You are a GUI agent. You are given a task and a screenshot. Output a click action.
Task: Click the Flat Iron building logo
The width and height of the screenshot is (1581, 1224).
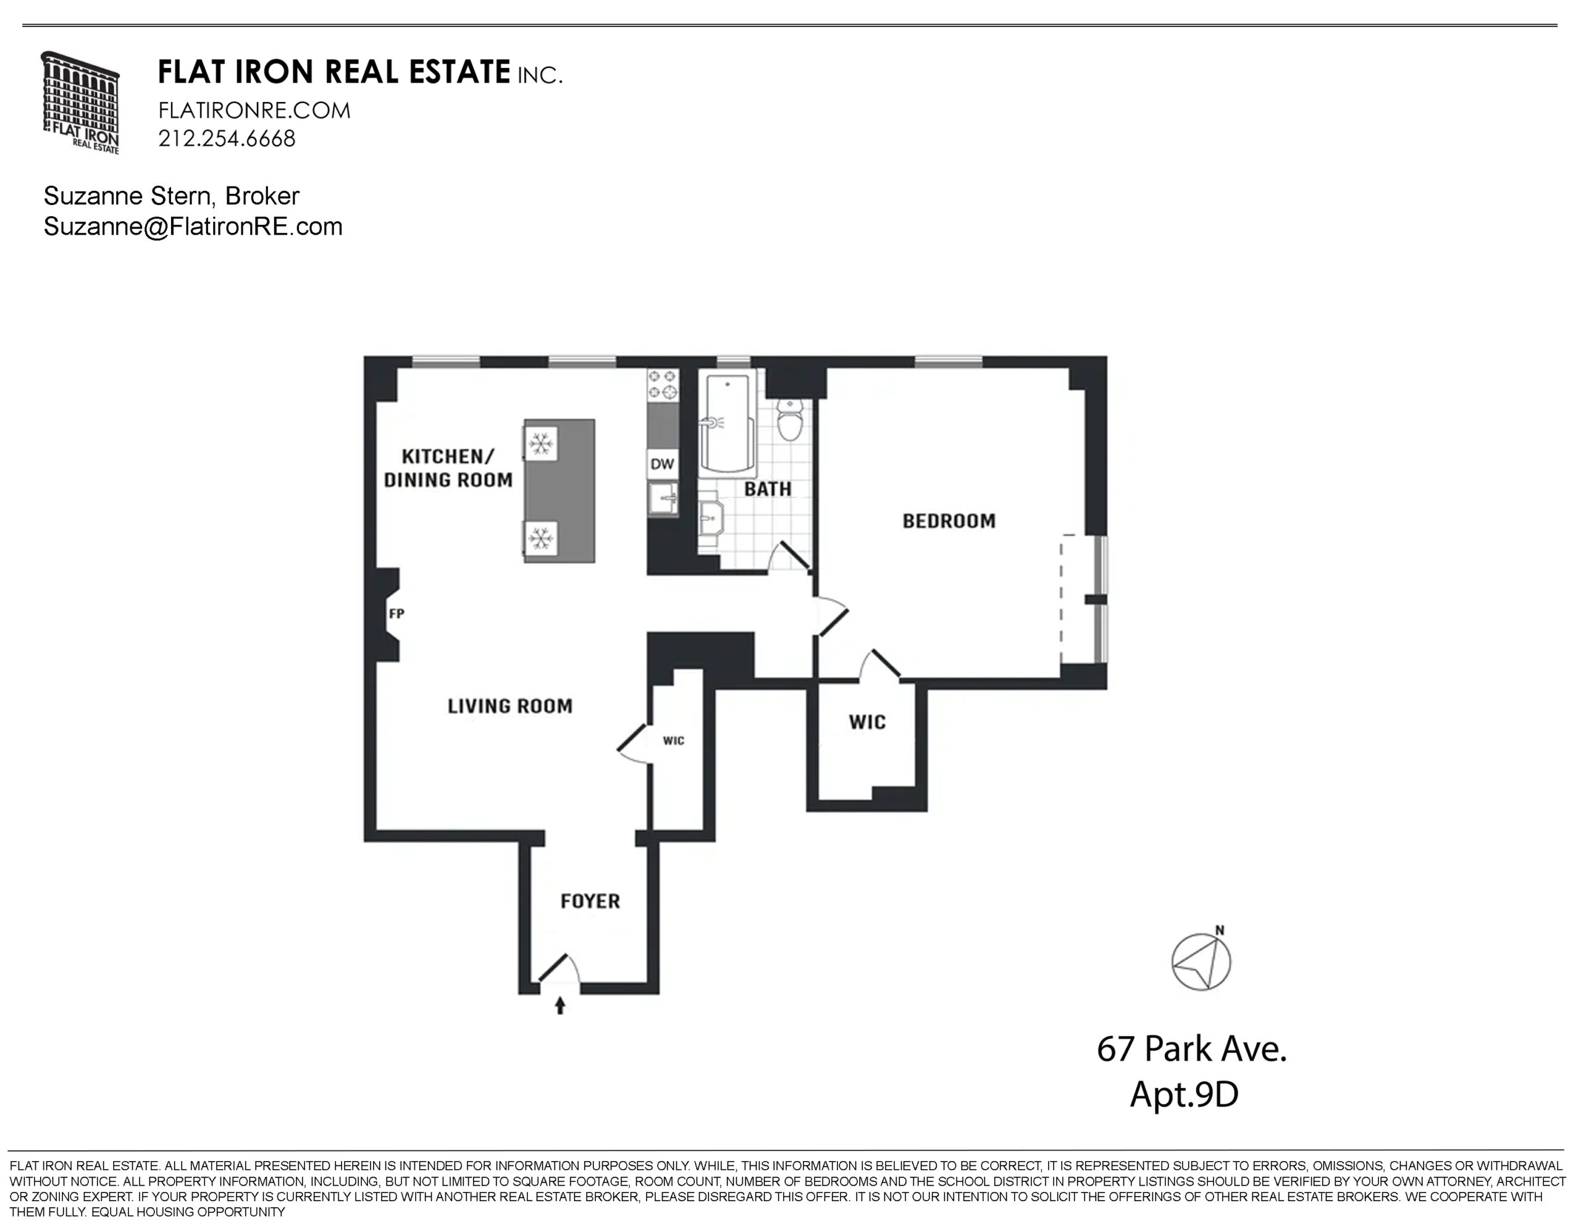80,102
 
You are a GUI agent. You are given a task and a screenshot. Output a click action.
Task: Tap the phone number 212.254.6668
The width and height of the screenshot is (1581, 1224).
227,138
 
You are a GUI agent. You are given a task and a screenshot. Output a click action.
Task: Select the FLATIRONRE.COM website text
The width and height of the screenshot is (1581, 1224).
254,111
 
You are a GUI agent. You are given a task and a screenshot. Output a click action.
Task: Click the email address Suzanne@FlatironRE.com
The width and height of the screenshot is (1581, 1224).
193,227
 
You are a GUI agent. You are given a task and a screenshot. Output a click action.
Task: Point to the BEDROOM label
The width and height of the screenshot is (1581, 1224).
949,521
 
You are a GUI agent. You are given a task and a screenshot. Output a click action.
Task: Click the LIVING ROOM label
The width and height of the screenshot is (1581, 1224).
510,706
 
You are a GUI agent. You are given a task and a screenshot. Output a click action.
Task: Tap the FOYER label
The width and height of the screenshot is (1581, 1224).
590,901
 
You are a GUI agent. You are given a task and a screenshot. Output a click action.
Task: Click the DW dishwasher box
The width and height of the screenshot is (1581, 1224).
663,464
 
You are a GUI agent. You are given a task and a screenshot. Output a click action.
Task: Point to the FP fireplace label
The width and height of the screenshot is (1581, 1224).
396,614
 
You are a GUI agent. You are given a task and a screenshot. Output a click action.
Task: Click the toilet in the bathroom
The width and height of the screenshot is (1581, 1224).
789,419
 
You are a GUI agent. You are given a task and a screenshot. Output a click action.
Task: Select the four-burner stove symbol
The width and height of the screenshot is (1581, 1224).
663,384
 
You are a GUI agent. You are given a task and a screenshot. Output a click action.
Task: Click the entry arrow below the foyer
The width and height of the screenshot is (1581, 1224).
560,1005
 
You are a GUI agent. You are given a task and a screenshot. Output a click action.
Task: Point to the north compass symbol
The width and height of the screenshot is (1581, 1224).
1201,960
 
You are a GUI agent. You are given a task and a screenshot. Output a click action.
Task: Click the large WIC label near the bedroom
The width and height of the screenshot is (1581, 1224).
867,723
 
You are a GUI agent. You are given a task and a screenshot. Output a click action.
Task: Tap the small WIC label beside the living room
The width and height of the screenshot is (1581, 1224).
673,740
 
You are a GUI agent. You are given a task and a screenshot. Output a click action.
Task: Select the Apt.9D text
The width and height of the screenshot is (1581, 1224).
1185,1094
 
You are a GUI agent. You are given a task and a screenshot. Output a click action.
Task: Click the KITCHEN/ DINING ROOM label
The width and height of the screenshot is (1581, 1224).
448,468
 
